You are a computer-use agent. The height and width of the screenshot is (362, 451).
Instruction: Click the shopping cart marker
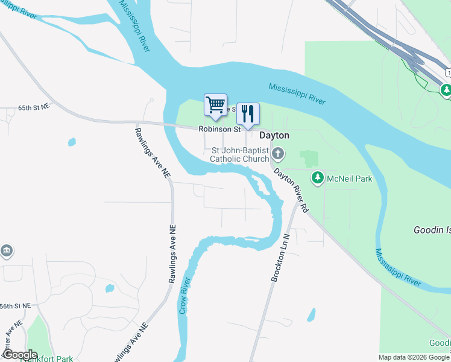(x=215, y=105)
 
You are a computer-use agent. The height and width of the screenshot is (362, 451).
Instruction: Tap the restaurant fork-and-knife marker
(x=248, y=113)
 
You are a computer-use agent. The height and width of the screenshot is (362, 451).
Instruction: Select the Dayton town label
(x=274, y=136)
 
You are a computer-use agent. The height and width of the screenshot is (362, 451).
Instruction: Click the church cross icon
(x=278, y=153)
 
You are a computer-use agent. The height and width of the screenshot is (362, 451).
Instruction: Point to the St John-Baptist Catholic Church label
(x=239, y=154)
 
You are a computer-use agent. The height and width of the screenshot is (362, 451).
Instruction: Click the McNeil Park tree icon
(x=318, y=177)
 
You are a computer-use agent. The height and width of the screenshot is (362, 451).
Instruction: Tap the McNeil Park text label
(x=350, y=179)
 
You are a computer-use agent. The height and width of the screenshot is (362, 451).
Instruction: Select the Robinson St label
(x=220, y=129)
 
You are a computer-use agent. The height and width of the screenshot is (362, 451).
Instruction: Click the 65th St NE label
(x=33, y=107)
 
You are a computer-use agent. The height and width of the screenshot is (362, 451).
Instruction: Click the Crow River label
(x=184, y=296)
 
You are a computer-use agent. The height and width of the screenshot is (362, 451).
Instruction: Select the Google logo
(x=19, y=355)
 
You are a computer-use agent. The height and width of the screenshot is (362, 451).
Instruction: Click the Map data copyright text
(x=413, y=357)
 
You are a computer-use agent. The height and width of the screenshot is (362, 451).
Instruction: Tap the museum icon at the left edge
(x=6, y=250)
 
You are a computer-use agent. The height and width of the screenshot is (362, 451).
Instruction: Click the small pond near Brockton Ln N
(x=311, y=315)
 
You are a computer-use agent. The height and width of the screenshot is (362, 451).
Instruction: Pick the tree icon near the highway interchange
(x=446, y=91)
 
